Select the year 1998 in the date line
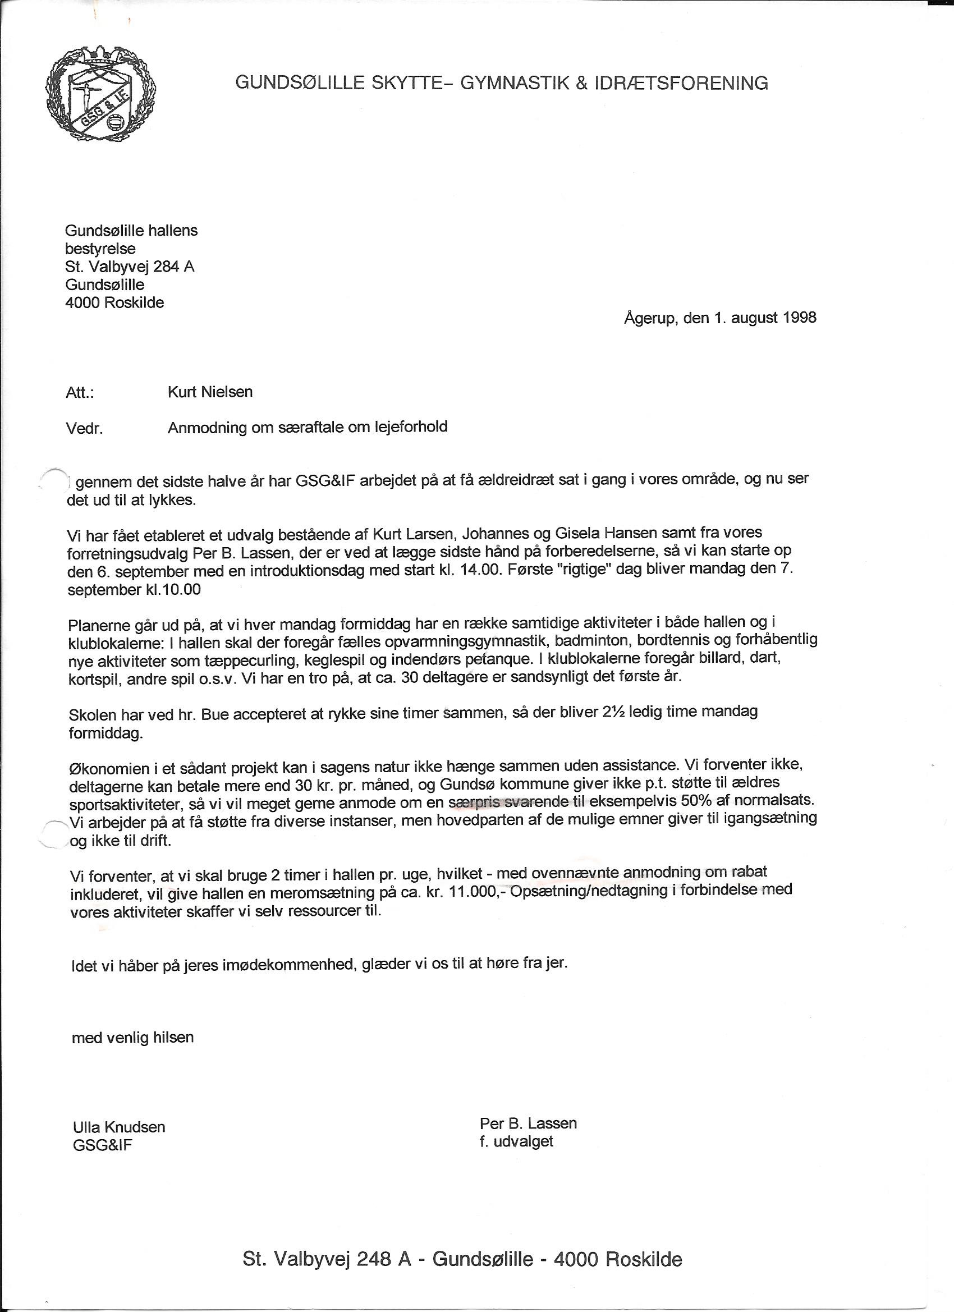(800, 318)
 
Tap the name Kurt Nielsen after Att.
(210, 392)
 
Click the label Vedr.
(85, 429)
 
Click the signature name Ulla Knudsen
(119, 1127)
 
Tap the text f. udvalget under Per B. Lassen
(516, 1141)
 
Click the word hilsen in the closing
(173, 1037)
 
